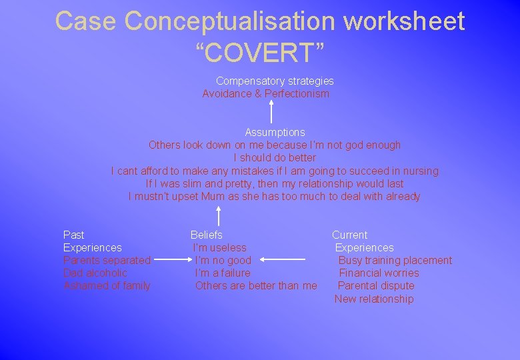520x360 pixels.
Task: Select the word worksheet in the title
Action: tap(403, 21)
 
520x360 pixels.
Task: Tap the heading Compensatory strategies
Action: tap(275, 81)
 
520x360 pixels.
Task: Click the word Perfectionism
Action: tap(297, 94)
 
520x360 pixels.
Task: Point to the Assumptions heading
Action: tap(275, 132)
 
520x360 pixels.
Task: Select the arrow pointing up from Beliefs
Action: tap(219, 215)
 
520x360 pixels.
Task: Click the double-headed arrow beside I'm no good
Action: tap(283, 260)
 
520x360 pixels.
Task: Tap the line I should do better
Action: tap(275, 158)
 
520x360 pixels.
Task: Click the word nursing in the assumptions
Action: tap(421, 171)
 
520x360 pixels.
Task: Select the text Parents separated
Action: tap(107, 261)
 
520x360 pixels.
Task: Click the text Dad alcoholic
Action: tap(95, 273)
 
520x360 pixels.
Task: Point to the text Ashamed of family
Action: tap(107, 286)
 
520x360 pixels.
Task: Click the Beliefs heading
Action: tap(207, 235)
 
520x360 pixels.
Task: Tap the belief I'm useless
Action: tap(220, 248)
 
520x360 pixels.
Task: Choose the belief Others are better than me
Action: tap(256, 286)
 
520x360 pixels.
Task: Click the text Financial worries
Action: tap(379, 273)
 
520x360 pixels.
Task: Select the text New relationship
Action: tap(374, 299)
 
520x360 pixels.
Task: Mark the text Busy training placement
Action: tap(395, 261)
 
